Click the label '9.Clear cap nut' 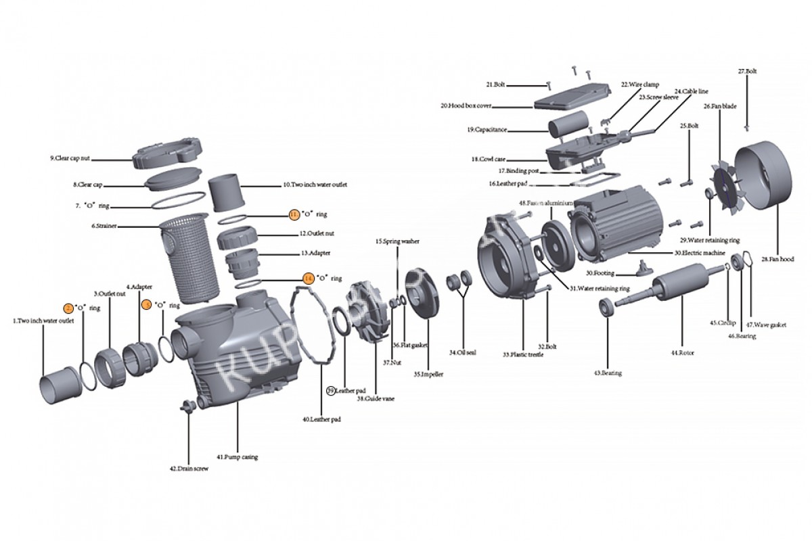tap(70, 158)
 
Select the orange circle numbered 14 tap(308, 278)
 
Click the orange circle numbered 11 tap(294, 214)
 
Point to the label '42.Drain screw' tap(188, 468)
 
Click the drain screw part tap(185, 405)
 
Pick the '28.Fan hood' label tap(777, 258)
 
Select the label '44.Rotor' tap(683, 353)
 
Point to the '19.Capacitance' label tap(487, 129)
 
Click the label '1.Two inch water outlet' tap(44, 321)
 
